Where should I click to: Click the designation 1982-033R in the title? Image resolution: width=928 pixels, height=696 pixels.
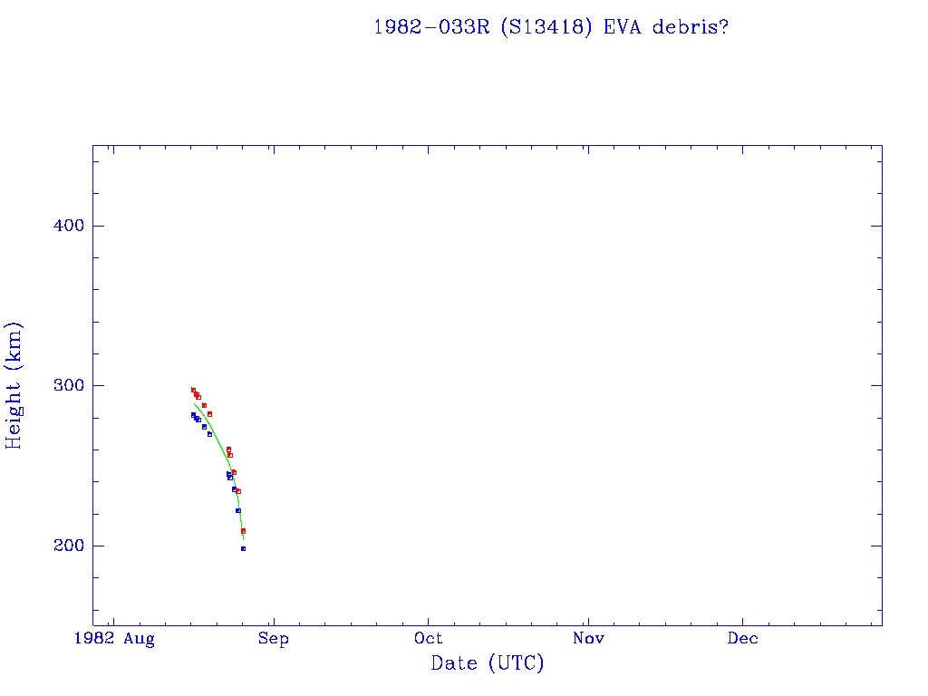coord(425,27)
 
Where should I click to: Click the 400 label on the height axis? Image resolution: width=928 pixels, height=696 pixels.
coord(63,226)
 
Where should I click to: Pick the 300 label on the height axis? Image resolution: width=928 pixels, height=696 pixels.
coord(63,385)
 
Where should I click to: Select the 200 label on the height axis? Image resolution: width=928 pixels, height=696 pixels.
coord(63,546)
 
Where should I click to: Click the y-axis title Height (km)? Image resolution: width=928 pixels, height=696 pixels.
coord(14,385)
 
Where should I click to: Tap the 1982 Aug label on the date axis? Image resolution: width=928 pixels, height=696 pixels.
coord(115,639)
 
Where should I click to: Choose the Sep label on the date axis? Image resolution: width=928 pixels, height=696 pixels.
coord(273,639)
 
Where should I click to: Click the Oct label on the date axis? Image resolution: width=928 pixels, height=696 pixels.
coord(429,639)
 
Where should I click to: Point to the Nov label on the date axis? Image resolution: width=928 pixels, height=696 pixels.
coord(588,639)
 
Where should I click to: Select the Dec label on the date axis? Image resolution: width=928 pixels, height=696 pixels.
coord(743,639)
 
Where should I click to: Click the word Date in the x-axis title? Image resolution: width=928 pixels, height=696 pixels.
coord(454,663)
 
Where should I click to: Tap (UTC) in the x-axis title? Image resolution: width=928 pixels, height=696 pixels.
coord(517,663)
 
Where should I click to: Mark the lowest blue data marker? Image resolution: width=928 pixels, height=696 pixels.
coord(243,548)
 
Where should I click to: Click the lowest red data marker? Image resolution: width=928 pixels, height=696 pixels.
coord(243,531)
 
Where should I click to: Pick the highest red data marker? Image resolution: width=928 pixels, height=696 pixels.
coord(193,390)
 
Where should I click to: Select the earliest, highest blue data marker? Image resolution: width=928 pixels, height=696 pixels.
coord(193,414)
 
